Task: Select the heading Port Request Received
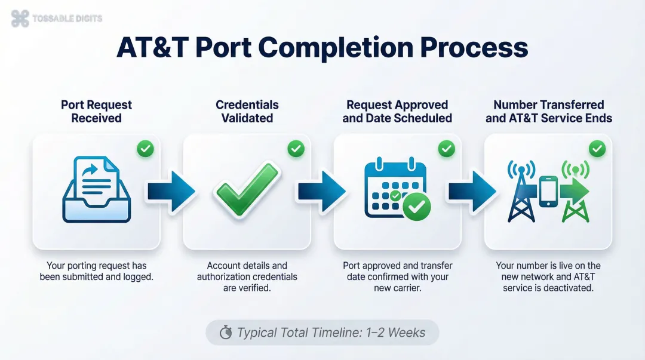point(96,111)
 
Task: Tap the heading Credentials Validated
point(247,111)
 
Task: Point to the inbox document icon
point(96,189)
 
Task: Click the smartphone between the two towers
point(548,191)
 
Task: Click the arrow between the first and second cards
point(171,191)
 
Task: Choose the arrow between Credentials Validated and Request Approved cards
point(322,191)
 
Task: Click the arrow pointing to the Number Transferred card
point(472,191)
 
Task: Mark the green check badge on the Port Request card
point(145,149)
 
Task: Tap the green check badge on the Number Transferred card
point(597,149)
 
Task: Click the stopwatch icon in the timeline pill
point(226,333)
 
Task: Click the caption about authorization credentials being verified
point(247,276)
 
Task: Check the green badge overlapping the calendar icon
point(416,207)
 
